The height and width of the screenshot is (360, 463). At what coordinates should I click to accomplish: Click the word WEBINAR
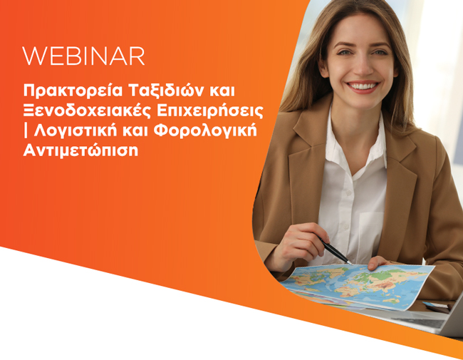pyautogui.click(x=83, y=56)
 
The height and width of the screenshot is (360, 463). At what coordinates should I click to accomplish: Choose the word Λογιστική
pyautogui.click(x=76, y=131)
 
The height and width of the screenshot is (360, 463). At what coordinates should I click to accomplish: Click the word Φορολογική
pyautogui.click(x=206, y=131)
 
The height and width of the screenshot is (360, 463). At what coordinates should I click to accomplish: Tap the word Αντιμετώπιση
pyautogui.click(x=80, y=150)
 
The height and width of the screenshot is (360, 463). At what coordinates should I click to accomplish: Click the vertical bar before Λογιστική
pyautogui.click(x=26, y=131)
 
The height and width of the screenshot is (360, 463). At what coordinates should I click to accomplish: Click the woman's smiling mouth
pyautogui.click(x=363, y=87)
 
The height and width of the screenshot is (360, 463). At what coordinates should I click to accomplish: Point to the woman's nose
pyautogui.click(x=363, y=68)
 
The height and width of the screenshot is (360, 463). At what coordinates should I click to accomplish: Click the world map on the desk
pyautogui.click(x=358, y=286)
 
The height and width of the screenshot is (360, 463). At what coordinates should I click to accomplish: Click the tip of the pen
pyautogui.click(x=351, y=263)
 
